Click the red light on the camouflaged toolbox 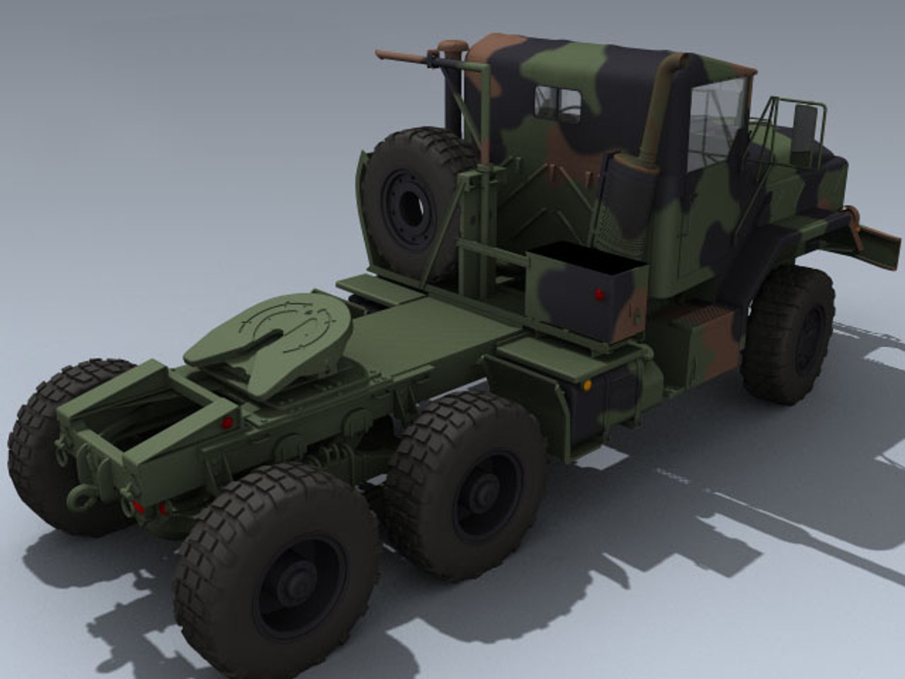pos(598,294)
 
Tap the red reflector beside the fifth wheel pos(227,422)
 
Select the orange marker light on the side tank pos(587,385)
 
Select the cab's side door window pos(716,123)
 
